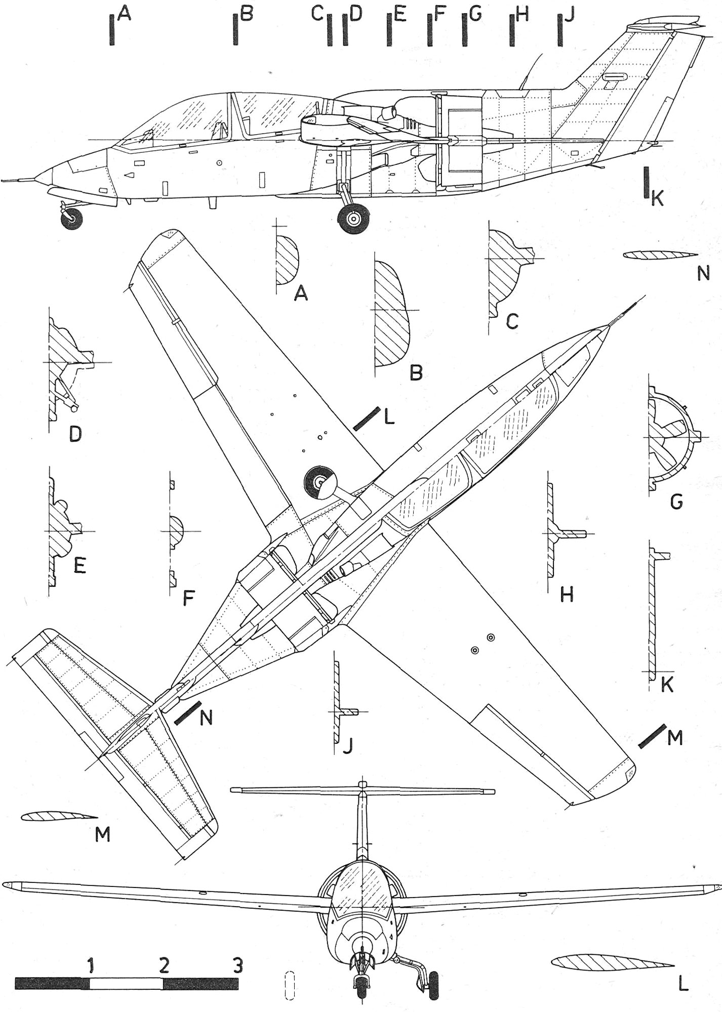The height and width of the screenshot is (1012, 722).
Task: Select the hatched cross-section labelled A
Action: [287, 260]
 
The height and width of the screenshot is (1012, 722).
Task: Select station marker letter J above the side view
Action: [570, 16]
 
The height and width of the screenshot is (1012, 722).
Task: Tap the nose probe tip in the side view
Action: [4, 180]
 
